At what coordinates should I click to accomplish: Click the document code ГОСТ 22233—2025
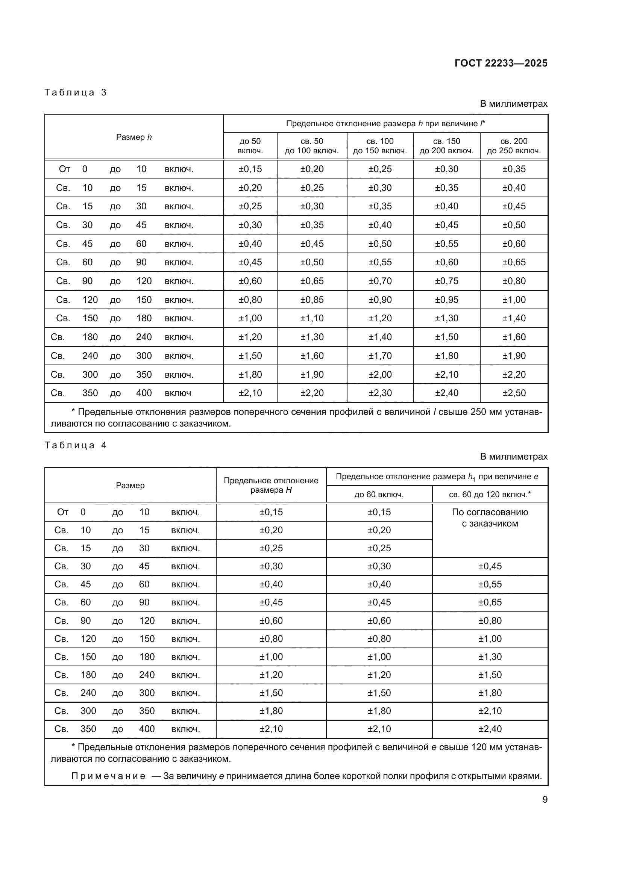click(x=501, y=63)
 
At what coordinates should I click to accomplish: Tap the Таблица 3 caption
click(x=76, y=92)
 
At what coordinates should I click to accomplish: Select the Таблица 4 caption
click(x=76, y=445)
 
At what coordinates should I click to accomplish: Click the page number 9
click(x=545, y=799)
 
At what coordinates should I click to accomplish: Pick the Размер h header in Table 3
click(x=134, y=137)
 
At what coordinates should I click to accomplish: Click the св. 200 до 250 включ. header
click(x=514, y=146)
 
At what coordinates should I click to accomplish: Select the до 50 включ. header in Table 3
click(x=250, y=146)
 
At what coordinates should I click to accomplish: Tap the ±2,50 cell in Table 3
click(x=514, y=393)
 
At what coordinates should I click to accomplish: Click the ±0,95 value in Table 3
click(x=446, y=300)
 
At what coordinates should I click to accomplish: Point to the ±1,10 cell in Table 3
click(x=312, y=318)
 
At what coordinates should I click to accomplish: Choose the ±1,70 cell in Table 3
click(x=379, y=356)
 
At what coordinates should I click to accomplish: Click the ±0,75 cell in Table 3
click(x=446, y=281)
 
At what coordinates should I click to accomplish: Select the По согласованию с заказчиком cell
click(x=490, y=517)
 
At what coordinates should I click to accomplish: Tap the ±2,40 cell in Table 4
click(x=490, y=729)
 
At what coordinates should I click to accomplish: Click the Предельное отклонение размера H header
click(x=271, y=485)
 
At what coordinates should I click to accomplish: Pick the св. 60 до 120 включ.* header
click(x=490, y=494)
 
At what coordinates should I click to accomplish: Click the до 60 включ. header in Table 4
click(x=379, y=494)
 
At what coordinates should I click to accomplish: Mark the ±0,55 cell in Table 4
click(x=490, y=584)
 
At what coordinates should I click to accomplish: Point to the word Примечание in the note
click(x=108, y=776)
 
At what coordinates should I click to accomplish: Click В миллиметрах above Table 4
click(x=513, y=456)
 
